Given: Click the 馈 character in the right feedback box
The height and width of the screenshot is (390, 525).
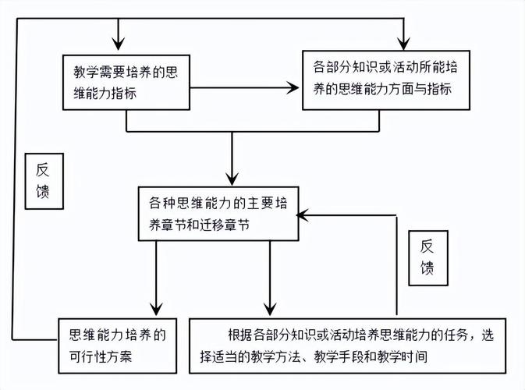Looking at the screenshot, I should click(427, 268).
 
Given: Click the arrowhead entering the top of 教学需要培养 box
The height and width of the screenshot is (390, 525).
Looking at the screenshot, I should click(118, 47).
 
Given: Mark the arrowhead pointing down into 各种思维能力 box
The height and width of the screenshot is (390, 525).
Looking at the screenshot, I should click(232, 178).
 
